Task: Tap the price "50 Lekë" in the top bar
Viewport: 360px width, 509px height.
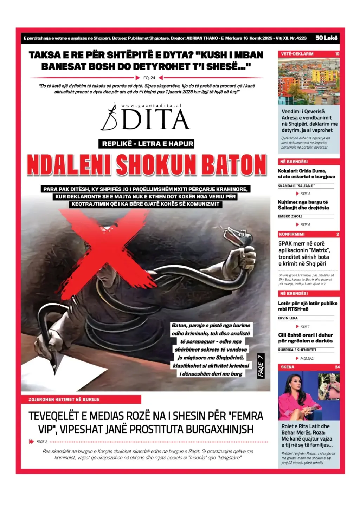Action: (x=326, y=38)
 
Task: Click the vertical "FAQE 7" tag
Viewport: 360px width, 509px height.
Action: (x=261, y=366)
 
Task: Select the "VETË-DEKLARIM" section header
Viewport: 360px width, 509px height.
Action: (x=297, y=54)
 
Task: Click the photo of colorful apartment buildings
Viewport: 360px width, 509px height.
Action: (x=309, y=81)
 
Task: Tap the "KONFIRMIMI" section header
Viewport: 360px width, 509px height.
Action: (x=292, y=234)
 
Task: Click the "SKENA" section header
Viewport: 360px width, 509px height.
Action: (x=288, y=367)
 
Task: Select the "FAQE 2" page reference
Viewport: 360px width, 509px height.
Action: (x=41, y=442)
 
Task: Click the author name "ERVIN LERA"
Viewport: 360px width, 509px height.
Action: (x=288, y=318)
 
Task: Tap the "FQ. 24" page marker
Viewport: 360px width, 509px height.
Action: (x=149, y=78)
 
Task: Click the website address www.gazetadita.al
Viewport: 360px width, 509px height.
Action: (x=152, y=105)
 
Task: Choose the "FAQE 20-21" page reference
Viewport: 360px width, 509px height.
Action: (x=307, y=359)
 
